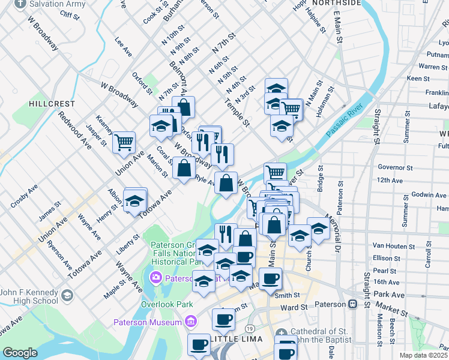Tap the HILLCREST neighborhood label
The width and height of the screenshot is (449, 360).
pyautogui.click(x=52, y=104)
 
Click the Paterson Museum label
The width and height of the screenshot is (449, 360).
pyautogui.click(x=148, y=323)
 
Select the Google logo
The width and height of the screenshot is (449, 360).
pyautogui.click(x=20, y=352)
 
